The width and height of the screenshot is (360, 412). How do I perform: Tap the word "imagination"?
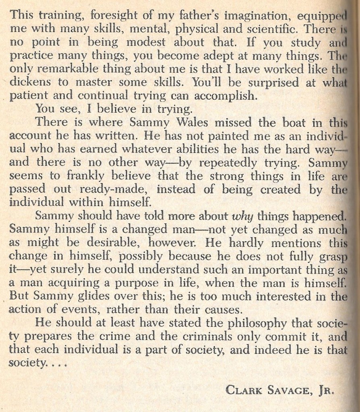[258, 16]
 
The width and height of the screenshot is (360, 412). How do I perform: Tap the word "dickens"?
[30, 82]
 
